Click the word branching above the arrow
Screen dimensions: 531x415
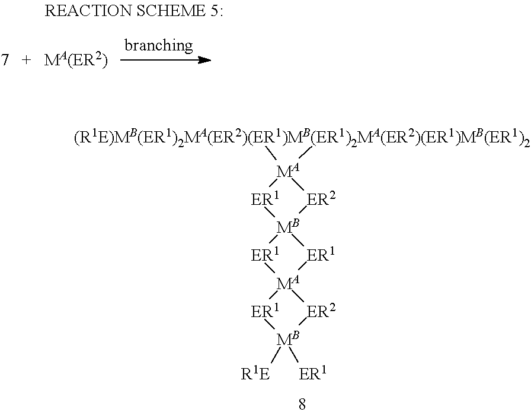[x=158, y=45]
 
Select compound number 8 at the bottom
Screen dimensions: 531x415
[x=302, y=406]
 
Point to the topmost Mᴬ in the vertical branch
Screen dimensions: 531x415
[x=287, y=172]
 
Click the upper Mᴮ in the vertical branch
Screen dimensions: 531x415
[x=287, y=227]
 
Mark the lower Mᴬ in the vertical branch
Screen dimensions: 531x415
[x=287, y=283]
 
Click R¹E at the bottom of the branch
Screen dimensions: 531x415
[x=255, y=374]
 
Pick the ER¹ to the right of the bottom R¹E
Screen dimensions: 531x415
[x=314, y=374]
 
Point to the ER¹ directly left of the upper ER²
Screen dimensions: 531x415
[x=265, y=200]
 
